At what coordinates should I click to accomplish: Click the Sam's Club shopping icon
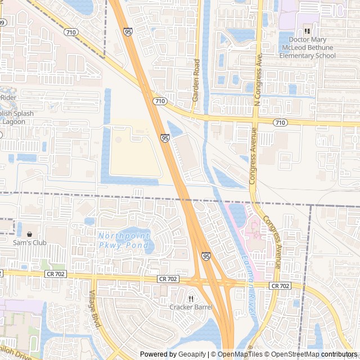pyautogui.click(x=29, y=234)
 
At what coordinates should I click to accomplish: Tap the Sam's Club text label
pyautogui.click(x=30, y=243)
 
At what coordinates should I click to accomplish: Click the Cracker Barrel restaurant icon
pyautogui.click(x=191, y=298)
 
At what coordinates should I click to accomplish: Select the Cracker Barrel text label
pyautogui.click(x=191, y=307)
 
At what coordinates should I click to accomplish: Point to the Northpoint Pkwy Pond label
pyautogui.click(x=124, y=240)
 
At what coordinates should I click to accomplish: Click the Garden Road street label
pyautogui.click(x=196, y=80)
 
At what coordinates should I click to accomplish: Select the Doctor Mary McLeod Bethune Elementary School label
pyautogui.click(x=312, y=48)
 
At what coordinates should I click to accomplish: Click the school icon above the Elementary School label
pyautogui.click(x=307, y=31)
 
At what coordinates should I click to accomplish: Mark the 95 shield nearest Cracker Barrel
pyautogui.click(x=206, y=256)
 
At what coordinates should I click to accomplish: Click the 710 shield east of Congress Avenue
pyautogui.click(x=280, y=123)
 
